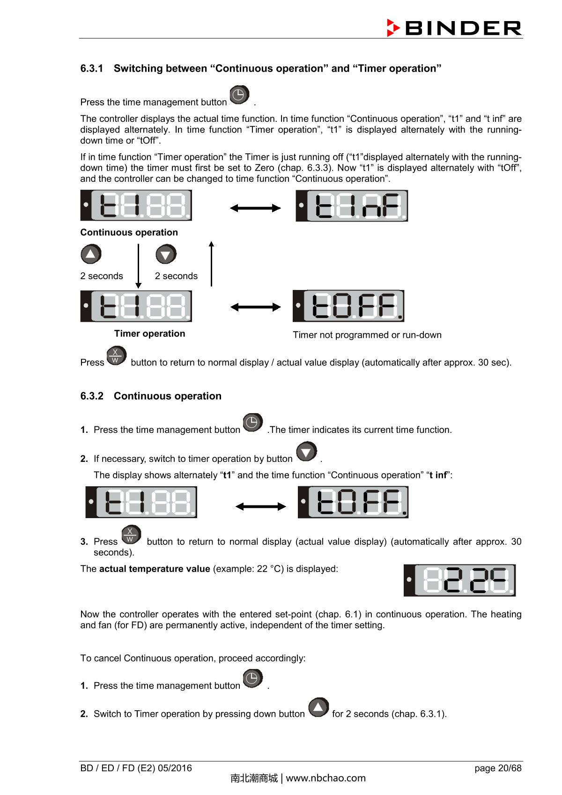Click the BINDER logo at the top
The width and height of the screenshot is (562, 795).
[x=454, y=28]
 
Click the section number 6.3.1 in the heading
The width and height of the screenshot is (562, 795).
[x=92, y=68]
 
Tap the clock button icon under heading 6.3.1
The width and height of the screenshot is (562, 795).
[x=239, y=95]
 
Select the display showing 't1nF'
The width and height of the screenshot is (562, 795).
[x=352, y=206]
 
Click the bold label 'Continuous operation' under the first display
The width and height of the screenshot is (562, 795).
[x=129, y=232]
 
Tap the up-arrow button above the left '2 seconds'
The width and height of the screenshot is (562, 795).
[x=91, y=254]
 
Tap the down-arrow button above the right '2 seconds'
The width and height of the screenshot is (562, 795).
[x=166, y=254]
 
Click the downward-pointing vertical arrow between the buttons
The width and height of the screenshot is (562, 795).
[x=138, y=266]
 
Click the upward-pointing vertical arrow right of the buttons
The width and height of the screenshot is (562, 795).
[x=211, y=264]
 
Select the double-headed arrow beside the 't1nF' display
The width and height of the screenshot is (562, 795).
[x=255, y=208]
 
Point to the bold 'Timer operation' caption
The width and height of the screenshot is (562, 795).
[x=149, y=334]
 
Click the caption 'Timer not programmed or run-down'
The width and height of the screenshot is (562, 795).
[x=367, y=335]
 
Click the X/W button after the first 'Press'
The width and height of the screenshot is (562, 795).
[x=116, y=356]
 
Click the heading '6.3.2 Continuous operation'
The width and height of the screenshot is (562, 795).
[x=151, y=396]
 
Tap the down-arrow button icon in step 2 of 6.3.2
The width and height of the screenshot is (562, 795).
[x=307, y=452]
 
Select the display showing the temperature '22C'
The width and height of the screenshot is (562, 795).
[x=459, y=580]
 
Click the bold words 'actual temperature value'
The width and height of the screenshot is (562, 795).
[x=155, y=569]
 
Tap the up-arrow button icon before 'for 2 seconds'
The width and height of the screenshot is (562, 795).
[x=318, y=707]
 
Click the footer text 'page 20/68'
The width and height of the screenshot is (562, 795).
[x=497, y=768]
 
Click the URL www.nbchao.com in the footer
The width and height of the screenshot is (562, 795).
[x=325, y=778]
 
